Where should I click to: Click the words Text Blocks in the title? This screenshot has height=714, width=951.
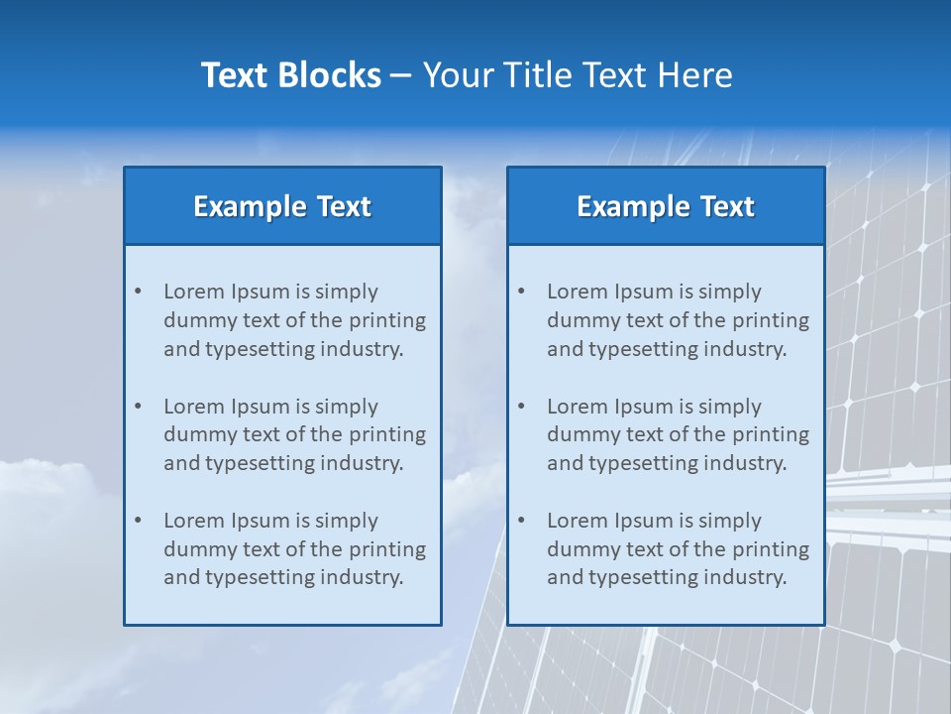pyautogui.click(x=290, y=75)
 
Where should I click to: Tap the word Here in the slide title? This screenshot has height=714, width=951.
pyautogui.click(x=697, y=75)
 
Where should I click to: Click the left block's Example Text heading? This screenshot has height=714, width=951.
pyautogui.click(x=282, y=206)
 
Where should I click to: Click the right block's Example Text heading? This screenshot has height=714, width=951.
pyautogui.click(x=666, y=206)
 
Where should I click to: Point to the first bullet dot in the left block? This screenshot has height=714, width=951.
pyautogui.click(x=138, y=292)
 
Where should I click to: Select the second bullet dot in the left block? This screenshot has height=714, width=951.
pyautogui.click(x=138, y=407)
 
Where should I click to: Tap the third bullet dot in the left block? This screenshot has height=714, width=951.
pyautogui.click(x=138, y=521)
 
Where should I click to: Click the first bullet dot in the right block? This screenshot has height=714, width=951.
pyautogui.click(x=521, y=292)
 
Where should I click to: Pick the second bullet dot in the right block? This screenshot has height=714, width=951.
pyautogui.click(x=521, y=407)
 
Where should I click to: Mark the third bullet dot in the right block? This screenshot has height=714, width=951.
pyautogui.click(x=521, y=521)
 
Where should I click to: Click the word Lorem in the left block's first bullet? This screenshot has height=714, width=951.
pyautogui.click(x=193, y=292)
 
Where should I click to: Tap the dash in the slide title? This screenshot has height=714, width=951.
pyautogui.click(x=401, y=75)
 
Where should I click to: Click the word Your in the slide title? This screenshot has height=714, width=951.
pyautogui.click(x=458, y=75)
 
